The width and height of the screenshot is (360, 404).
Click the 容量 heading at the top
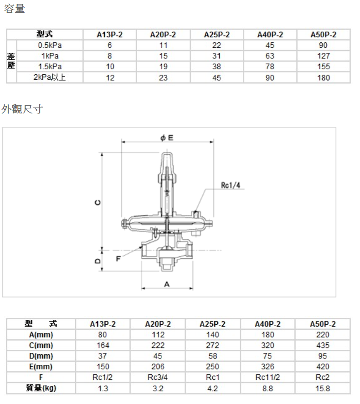pyautogui.click(x=15, y=9)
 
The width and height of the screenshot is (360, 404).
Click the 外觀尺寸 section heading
pyautogui.click(x=22, y=109)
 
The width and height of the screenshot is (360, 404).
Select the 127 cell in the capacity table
pyautogui.click(x=324, y=56)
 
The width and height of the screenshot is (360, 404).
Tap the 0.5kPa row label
pyautogui.click(x=50, y=46)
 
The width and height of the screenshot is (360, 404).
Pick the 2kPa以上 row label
pyautogui.click(x=50, y=77)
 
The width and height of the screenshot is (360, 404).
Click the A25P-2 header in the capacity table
pyautogui.click(x=217, y=35)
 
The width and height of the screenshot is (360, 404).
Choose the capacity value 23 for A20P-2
pyautogui.click(x=163, y=77)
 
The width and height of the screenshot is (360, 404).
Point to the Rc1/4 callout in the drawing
pyautogui.click(x=231, y=185)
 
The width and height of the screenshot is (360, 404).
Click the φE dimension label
pyautogui.click(x=167, y=138)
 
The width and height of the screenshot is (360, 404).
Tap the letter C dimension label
pyautogui.click(x=98, y=203)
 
